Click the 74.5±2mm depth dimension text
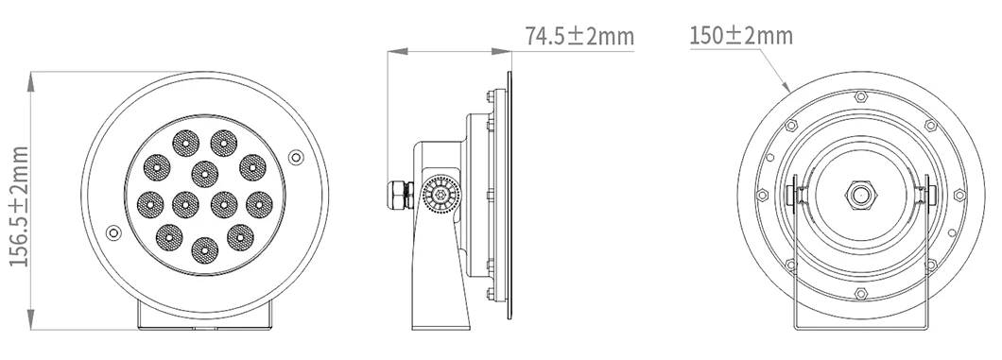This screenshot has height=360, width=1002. (579, 37)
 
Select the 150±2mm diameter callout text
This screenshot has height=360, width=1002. (740, 37)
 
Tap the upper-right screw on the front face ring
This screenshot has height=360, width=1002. (296, 156)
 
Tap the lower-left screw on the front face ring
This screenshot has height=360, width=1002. (114, 232)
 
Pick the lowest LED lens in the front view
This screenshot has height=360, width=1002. (201, 249)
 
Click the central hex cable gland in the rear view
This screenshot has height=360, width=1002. (859, 195)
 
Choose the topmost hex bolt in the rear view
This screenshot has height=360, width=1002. (859, 96)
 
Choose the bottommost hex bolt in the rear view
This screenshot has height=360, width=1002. (859, 294)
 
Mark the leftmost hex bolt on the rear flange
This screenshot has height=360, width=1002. (762, 196)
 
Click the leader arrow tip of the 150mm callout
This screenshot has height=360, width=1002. (789, 90)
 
